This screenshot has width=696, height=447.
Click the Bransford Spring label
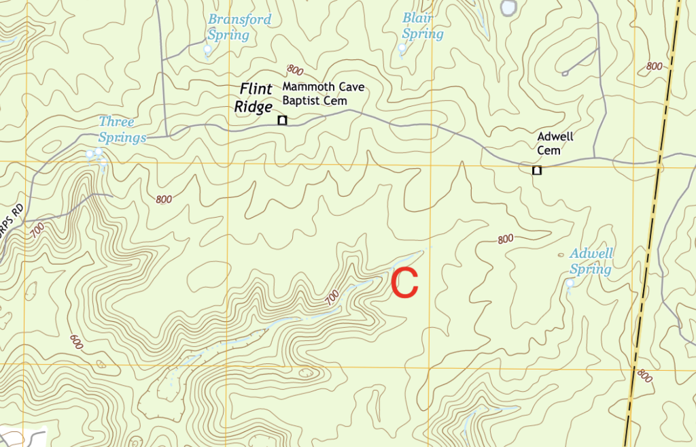(x=239, y=27)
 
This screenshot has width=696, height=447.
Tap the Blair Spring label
(x=422, y=26)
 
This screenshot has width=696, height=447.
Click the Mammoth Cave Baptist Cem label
(x=324, y=94)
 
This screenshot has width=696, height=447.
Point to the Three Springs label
(x=122, y=130)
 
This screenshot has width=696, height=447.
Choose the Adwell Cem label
(x=555, y=144)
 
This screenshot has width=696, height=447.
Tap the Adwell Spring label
(x=591, y=261)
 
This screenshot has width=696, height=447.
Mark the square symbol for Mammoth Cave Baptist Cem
(x=282, y=120)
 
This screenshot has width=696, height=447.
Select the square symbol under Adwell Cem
(x=537, y=170)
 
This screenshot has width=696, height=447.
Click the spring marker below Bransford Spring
(x=208, y=49)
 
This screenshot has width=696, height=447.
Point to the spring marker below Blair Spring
(x=402, y=48)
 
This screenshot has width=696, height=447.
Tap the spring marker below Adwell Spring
(x=570, y=282)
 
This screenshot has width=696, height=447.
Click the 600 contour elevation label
(x=76, y=342)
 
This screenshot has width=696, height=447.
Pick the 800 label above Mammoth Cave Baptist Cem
(x=295, y=69)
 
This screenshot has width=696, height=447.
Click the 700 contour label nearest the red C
(x=332, y=297)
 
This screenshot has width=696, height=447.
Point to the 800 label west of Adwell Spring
(x=505, y=239)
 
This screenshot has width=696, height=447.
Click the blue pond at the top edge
(x=508, y=7)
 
